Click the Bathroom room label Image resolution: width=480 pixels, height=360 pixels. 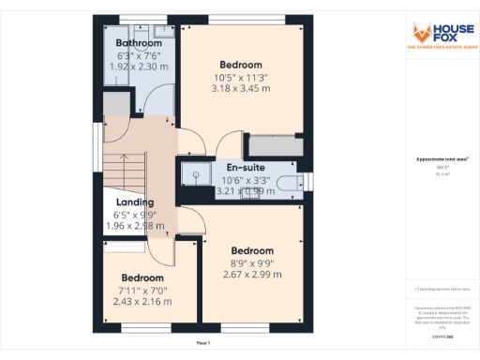pyautogui.click(x=137, y=43)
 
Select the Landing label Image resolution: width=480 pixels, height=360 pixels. pyautogui.click(x=135, y=202)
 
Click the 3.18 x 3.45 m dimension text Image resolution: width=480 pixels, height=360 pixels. pyautogui.click(x=240, y=88)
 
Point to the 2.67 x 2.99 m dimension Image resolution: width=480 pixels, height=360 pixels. pyautogui.click(x=252, y=275)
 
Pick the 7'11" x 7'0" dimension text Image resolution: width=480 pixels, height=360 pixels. pyautogui.click(x=142, y=291)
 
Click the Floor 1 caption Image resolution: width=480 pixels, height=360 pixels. pyautogui.click(x=203, y=344)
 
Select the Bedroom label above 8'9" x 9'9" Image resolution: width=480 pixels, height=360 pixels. pyautogui.click(x=252, y=250)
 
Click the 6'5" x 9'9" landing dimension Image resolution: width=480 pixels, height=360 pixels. pyautogui.click(x=135, y=215)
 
